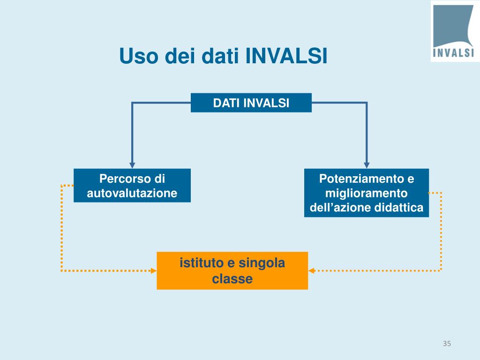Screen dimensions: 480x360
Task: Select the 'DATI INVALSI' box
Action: (x=251, y=103)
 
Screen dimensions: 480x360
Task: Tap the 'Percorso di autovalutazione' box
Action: (x=132, y=186)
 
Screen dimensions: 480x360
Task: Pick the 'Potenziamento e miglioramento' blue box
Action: (x=367, y=193)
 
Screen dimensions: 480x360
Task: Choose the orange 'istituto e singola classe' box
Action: (x=232, y=270)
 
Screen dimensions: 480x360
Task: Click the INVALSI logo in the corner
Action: (x=453, y=31)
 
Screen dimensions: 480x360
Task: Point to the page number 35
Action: (x=446, y=345)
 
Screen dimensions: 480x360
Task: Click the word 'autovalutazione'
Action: (x=132, y=193)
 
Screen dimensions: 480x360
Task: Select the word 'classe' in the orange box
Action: (x=232, y=279)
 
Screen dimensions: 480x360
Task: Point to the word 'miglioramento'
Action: (x=367, y=193)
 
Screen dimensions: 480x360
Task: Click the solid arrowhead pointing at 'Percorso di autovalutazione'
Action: (x=132, y=165)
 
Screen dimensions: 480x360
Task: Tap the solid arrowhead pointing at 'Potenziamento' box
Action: (x=367, y=165)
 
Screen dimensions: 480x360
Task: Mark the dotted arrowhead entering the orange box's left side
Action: (x=153, y=270)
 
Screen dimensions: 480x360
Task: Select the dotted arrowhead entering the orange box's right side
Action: (x=312, y=270)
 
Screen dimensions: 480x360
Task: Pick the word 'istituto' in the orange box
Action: (x=199, y=263)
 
